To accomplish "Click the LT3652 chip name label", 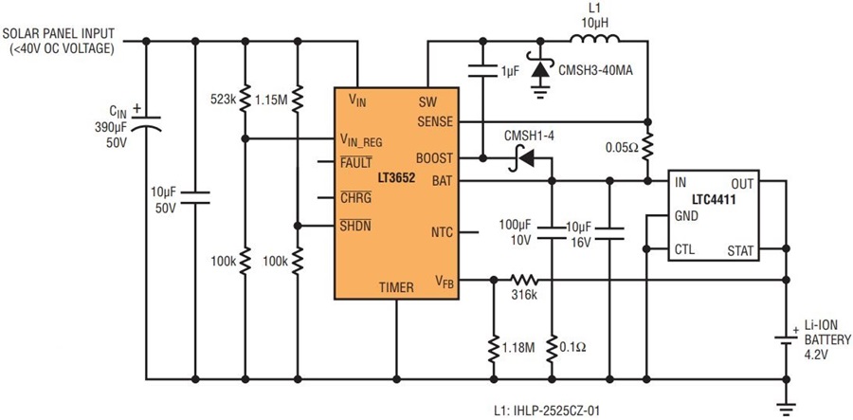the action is tap(397, 178).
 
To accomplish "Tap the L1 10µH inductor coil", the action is tap(594, 38).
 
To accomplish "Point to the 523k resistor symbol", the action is tap(245, 97).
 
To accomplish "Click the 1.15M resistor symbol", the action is tap(297, 98).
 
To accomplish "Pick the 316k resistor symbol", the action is tap(524, 281).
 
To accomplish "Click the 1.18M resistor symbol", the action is tap(494, 349).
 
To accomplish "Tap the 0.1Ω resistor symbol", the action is tap(552, 349).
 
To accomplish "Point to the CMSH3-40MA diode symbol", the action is tap(539, 69).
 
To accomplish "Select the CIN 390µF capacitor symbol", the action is tap(146, 122).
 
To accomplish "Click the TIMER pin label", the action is tap(396, 288).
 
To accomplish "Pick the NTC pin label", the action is tap(441, 231).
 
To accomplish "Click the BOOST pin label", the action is tap(434, 158).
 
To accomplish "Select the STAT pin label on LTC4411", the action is tap(740, 251).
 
